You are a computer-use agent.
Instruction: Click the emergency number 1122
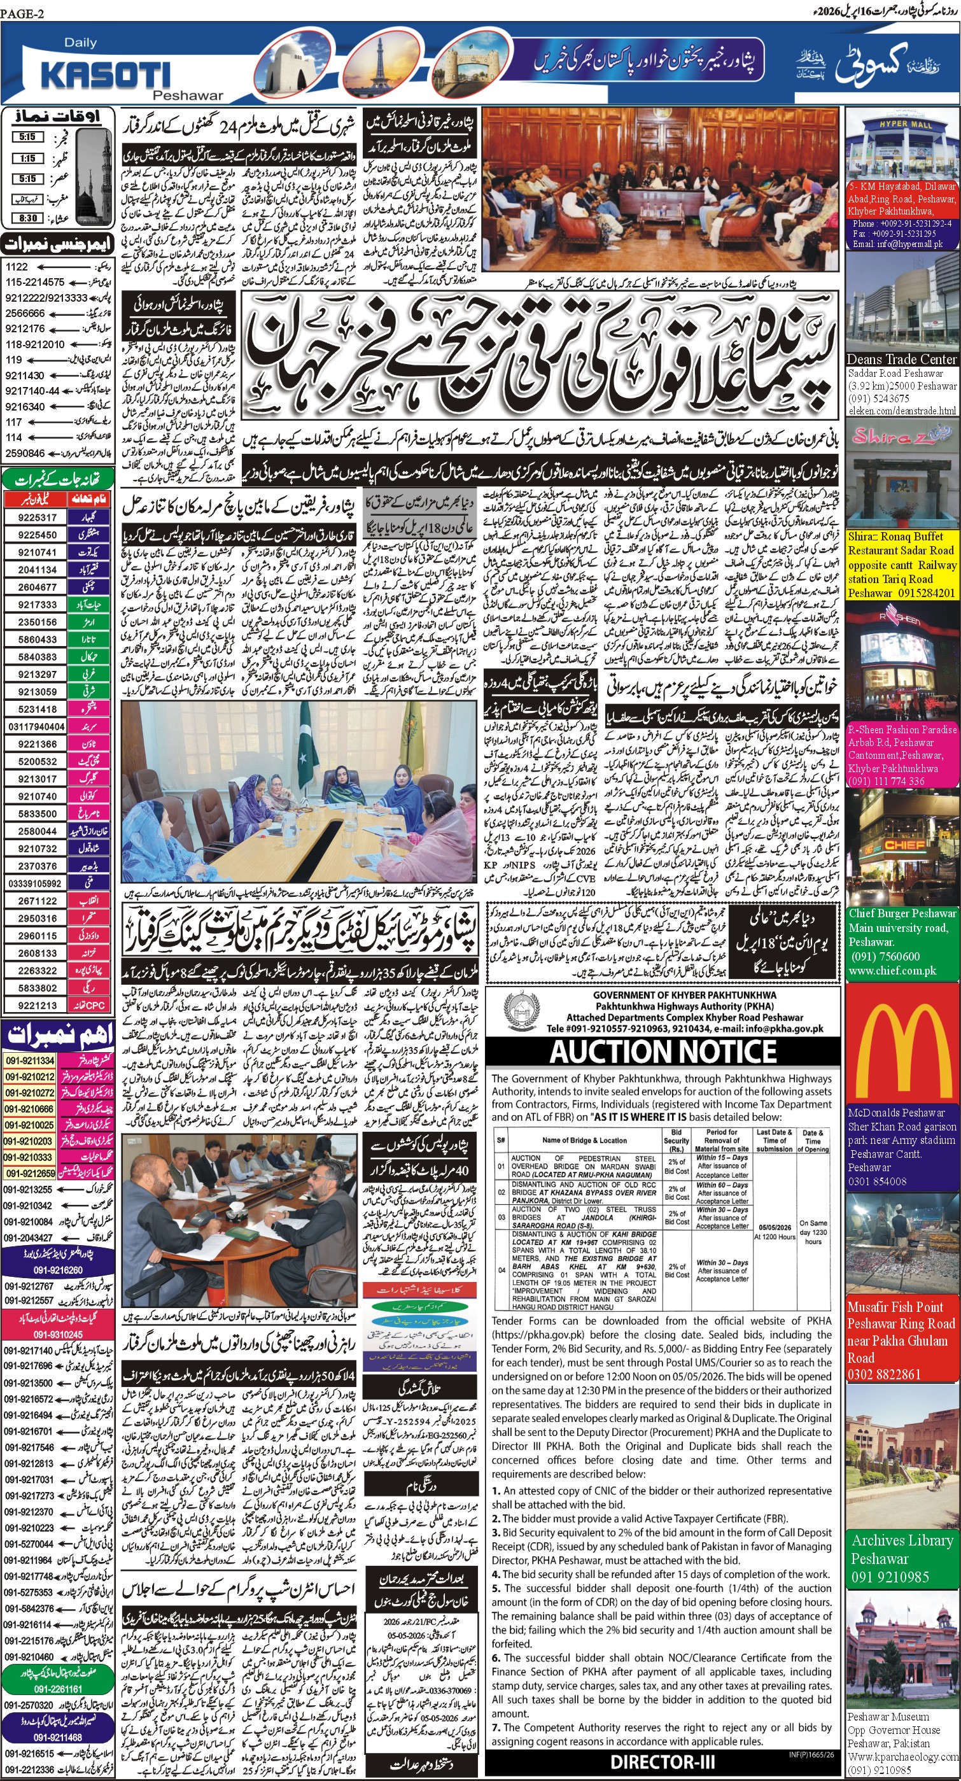[17, 267]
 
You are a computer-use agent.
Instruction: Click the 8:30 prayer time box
[29, 218]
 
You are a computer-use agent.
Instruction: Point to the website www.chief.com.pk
[892, 971]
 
